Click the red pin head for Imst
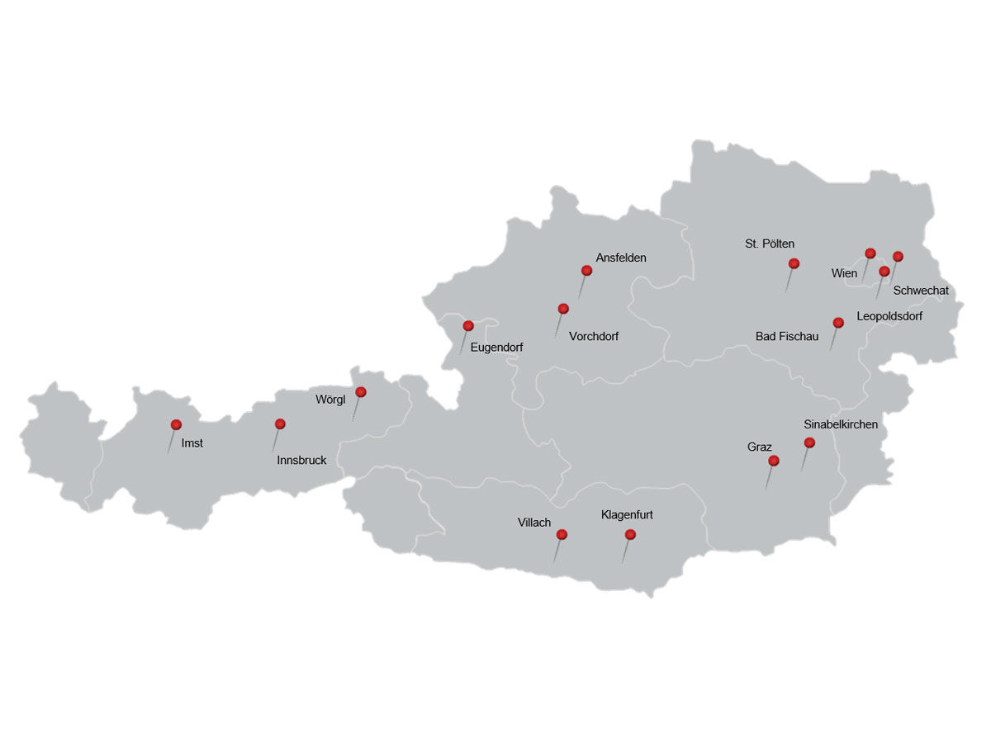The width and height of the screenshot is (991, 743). pos(176,424)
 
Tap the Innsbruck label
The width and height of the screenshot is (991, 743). pos(301,461)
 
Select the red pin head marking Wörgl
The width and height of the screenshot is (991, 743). pos(361,391)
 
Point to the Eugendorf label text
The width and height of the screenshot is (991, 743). pos(496,348)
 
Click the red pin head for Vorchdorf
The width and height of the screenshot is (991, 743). pos(563,309)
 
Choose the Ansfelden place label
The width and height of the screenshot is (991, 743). pos(621,258)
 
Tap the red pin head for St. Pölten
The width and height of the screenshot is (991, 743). pos(794,263)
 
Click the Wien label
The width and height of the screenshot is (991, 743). pos(844,273)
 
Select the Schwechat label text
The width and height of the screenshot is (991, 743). pos(921,291)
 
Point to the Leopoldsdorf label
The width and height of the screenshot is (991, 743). pos(889,316)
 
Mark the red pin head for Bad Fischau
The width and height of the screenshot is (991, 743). pos(838,322)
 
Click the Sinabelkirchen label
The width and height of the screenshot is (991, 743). pos(841,424)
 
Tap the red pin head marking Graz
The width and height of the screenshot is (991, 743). pos(774,461)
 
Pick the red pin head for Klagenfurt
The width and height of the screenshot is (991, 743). pos(630,534)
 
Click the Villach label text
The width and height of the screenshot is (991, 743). pos(534,523)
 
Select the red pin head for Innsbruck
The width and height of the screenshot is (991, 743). pos(280,424)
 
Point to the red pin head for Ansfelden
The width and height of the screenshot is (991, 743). pos(586,270)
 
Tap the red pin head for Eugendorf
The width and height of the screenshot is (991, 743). pos(468,325)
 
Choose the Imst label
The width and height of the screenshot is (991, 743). pos(192,443)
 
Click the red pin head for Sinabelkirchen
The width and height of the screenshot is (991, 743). pos(809,442)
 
